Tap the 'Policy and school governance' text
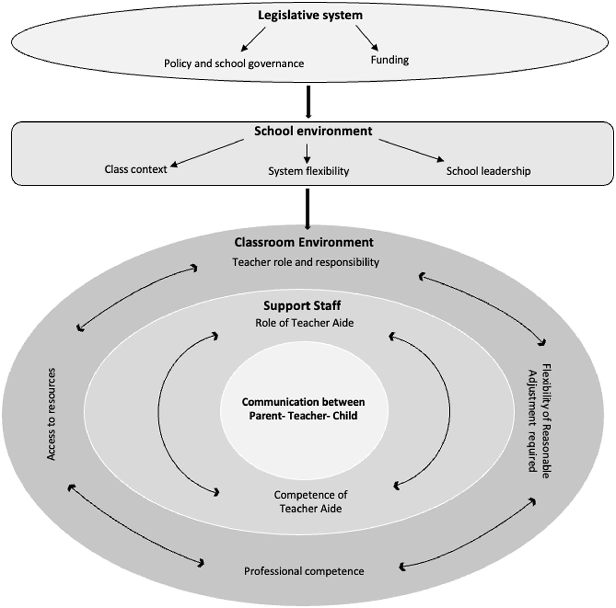coord(234,63)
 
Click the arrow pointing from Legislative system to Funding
coord(367,38)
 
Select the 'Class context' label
coord(136,169)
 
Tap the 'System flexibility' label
coord(308,171)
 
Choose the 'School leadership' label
coord(488,171)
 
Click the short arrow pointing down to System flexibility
coord(307,154)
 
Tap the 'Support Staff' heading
coord(302,306)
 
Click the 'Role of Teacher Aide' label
coord(304,323)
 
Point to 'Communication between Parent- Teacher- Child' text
coord(303,409)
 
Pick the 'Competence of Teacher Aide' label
coord(311,502)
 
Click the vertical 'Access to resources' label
coord(51,414)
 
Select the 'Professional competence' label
coord(304,571)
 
